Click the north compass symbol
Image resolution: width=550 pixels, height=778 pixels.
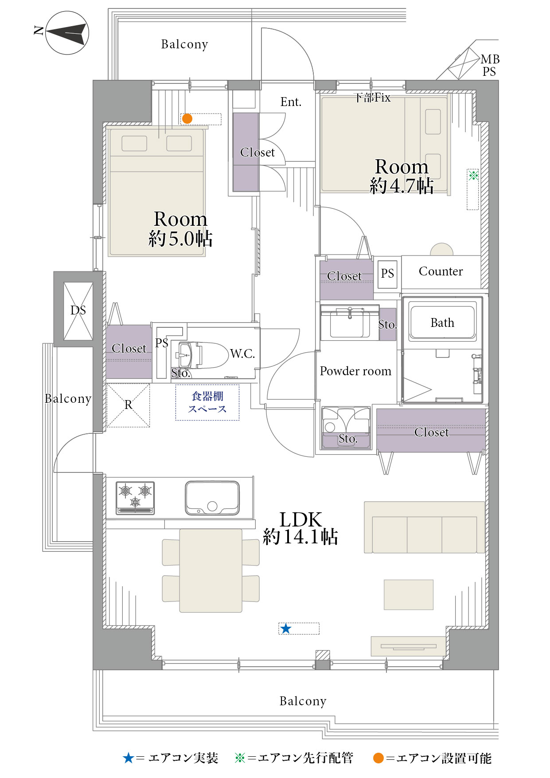pyautogui.click(x=67, y=33)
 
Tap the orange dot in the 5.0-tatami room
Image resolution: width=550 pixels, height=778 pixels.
pyautogui.click(x=187, y=119)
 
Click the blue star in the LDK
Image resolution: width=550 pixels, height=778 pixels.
pyautogui.click(x=286, y=629)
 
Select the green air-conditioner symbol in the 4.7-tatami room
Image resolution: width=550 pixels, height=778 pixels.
pyautogui.click(x=473, y=175)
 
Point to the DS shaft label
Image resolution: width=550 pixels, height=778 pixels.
pyautogui.click(x=78, y=310)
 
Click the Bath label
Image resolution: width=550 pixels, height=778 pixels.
pyautogui.click(x=442, y=322)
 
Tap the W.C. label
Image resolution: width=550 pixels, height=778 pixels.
pyautogui.click(x=242, y=354)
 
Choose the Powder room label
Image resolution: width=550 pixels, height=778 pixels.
pyautogui.click(x=355, y=371)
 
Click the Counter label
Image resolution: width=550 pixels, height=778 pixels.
pyautogui.click(x=441, y=271)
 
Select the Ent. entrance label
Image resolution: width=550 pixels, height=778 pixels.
pyautogui.click(x=291, y=102)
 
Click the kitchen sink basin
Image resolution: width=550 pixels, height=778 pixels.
pyautogui.click(x=212, y=498)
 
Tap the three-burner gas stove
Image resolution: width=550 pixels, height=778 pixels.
pyautogui.click(x=135, y=498)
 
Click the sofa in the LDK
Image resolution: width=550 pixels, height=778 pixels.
pyautogui.click(x=425, y=527)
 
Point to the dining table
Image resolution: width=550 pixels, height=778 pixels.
pyautogui.click(x=211, y=570)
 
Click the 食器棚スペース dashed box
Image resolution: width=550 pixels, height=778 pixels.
pyautogui.click(x=207, y=402)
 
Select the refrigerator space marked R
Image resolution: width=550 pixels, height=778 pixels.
pyautogui.click(x=128, y=405)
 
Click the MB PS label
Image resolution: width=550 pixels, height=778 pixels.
pyautogui.click(x=490, y=65)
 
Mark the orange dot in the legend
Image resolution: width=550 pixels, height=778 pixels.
pyautogui.click(x=378, y=758)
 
